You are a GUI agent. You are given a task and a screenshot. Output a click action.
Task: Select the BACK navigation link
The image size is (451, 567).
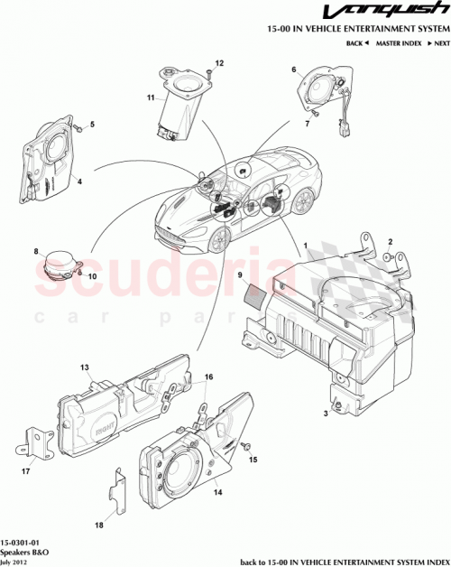[357, 43]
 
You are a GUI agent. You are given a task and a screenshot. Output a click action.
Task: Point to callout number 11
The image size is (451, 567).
[152, 96]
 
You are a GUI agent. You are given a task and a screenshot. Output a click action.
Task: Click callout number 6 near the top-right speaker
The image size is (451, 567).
[293, 70]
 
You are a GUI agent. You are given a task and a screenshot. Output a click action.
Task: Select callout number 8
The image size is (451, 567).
[36, 252]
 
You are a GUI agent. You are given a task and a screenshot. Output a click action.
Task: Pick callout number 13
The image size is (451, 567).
[84, 367]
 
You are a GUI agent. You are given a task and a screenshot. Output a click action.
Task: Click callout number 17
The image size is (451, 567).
[26, 470]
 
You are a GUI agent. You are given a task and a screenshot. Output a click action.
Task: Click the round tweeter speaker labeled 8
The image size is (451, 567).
[60, 264]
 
